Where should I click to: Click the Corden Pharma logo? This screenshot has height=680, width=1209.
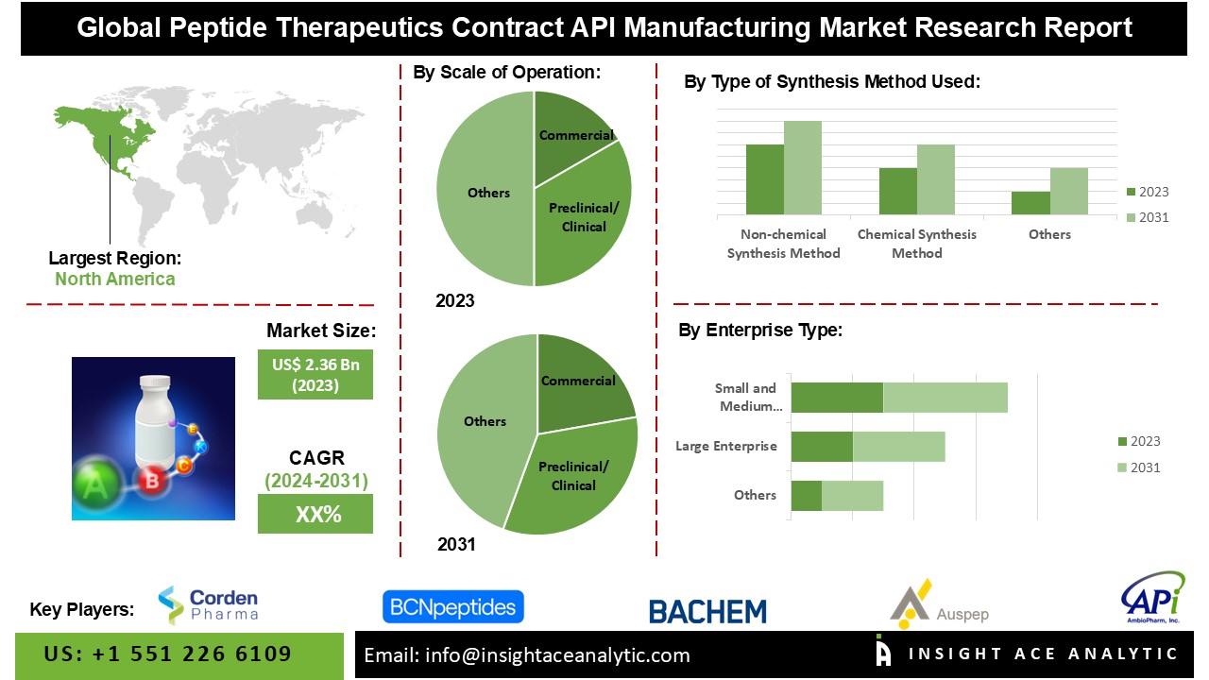[208, 605]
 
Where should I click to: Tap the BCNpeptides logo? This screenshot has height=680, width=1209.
[453, 607]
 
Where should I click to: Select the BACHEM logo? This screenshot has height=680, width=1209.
[707, 611]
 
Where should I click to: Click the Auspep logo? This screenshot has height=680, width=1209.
[939, 604]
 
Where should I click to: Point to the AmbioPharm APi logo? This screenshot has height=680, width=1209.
[1153, 598]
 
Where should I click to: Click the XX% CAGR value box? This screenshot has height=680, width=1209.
[315, 514]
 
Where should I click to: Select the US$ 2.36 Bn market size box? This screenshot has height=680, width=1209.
[315, 375]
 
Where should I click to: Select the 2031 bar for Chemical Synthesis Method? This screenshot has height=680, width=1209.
[935, 179]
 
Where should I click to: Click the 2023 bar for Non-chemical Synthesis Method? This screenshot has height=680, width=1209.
[765, 179]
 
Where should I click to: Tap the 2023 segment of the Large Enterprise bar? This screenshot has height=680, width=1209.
[822, 447]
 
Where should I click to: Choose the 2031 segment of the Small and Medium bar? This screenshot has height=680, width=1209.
[945, 398]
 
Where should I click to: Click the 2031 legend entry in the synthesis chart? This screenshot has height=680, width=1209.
[1148, 217]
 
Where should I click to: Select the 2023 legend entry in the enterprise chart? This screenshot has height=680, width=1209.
[1139, 441]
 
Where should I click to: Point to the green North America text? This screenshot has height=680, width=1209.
[115, 279]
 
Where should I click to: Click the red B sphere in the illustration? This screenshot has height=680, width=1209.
[152, 481]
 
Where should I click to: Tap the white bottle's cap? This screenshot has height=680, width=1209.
[155, 383]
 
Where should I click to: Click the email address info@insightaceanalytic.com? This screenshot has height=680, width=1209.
[557, 655]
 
